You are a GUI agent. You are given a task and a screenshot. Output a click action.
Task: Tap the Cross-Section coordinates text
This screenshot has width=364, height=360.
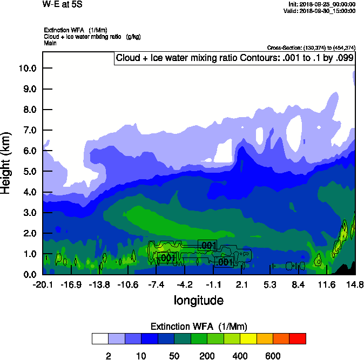click(311, 48)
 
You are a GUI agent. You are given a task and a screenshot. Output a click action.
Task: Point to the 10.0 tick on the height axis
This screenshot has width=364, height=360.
click(27, 68)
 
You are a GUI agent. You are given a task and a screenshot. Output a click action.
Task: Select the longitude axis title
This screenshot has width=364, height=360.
click(198, 300)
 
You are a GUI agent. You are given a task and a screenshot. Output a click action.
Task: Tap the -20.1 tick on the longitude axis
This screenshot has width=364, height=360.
click(42, 284)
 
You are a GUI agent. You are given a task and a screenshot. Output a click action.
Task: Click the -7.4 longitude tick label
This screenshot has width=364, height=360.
click(156, 284)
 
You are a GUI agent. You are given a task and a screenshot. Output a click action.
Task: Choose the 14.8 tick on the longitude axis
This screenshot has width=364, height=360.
click(355, 284)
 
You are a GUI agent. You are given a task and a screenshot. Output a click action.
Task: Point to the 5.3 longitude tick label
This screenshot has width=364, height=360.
click(269, 284)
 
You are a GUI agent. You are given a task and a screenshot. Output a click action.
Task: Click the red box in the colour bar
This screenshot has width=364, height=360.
click(298, 338)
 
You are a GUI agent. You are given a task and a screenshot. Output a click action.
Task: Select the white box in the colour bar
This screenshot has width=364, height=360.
click(100, 338)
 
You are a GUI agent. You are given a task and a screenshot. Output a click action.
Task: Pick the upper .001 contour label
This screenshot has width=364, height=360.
click(208, 246)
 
